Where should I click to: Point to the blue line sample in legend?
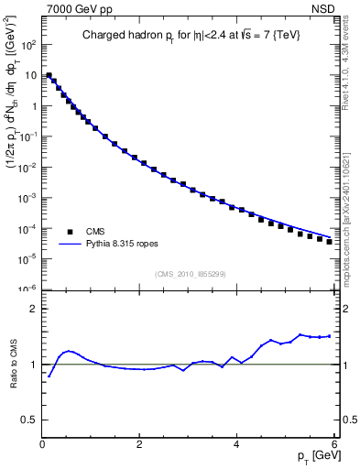pyautogui.click(x=70, y=245)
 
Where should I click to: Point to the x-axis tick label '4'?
pyautogui.click(x=236, y=445)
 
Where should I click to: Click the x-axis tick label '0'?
pyautogui.click(x=41, y=445)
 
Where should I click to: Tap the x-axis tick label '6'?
pyautogui.click(x=333, y=445)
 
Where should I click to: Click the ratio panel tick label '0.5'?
pyautogui.click(x=29, y=419)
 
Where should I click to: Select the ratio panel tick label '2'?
pyautogui.click(x=34, y=309)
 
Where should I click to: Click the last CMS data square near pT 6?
pyautogui.click(x=329, y=242)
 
